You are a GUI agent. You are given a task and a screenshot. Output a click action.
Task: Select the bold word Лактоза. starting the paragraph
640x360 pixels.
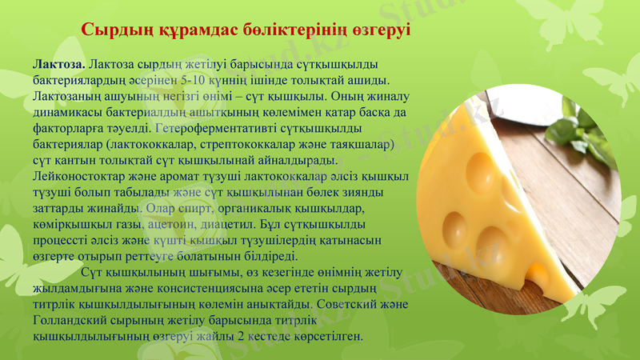[58, 64]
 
